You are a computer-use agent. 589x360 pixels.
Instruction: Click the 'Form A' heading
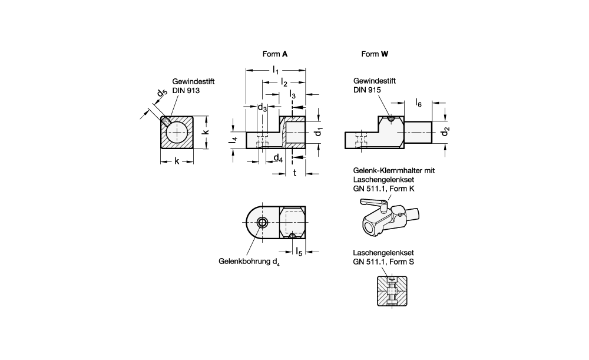(274, 54)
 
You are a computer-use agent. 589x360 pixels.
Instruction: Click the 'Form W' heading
(375, 54)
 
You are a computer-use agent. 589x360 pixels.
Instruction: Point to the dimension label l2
(284, 82)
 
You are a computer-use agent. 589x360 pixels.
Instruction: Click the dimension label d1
(319, 132)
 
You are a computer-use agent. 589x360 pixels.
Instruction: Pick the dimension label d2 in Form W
(447, 132)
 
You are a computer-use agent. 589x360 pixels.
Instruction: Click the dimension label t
(294, 172)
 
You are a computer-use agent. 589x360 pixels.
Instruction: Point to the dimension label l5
(299, 252)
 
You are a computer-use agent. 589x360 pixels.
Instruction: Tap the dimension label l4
(234, 140)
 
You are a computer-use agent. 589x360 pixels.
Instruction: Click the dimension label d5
(160, 94)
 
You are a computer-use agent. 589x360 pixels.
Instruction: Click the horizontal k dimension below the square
(177, 161)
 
